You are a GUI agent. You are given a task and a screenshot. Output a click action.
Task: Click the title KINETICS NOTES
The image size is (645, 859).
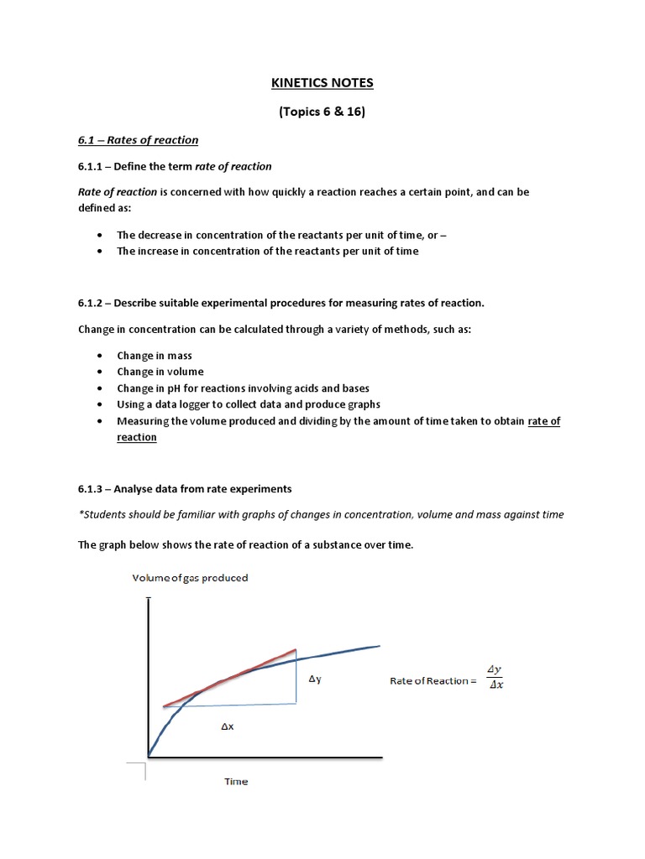point(322,83)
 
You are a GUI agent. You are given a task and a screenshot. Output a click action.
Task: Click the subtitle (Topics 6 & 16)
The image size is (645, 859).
point(322,112)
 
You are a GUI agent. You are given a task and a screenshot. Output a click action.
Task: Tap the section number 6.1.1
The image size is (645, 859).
point(93,166)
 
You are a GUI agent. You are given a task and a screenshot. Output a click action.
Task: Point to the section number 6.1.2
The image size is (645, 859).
point(93,303)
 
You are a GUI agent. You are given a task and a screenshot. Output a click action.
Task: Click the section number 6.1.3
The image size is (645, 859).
point(93,488)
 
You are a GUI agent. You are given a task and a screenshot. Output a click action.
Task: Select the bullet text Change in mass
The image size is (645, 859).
point(155,356)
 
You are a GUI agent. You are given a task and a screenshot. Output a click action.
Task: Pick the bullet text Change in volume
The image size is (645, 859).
point(160,372)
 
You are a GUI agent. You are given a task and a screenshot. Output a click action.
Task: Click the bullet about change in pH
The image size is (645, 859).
point(243,388)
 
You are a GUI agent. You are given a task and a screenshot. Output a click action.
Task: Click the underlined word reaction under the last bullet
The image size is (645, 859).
point(137,437)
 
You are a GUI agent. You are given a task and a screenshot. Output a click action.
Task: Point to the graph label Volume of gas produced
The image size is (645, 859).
point(189,578)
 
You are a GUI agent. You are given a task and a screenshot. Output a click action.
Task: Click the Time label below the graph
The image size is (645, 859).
point(236,781)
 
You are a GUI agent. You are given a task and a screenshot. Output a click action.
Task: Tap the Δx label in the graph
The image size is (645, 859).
point(227,727)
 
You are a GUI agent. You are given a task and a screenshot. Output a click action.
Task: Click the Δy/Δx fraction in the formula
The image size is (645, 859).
point(495,677)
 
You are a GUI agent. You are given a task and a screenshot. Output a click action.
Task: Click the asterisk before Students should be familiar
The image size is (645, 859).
point(81,513)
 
